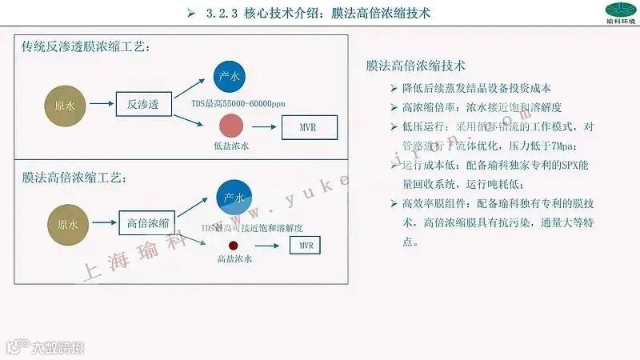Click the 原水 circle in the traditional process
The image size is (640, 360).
coord(65,105)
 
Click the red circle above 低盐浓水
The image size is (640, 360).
coord(231,126)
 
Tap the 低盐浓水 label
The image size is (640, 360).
coord(232,146)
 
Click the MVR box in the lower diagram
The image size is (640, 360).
coord(306,243)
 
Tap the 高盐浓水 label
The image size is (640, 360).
coord(234,259)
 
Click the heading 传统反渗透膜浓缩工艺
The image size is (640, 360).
coord(86,46)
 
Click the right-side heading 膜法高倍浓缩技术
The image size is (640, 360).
coord(415,65)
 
